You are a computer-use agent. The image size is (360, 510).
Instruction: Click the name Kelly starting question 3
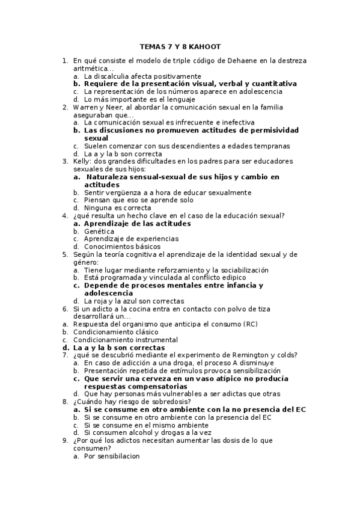pos(82,161)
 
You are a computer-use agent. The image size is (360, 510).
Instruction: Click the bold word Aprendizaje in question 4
pos(108,223)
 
